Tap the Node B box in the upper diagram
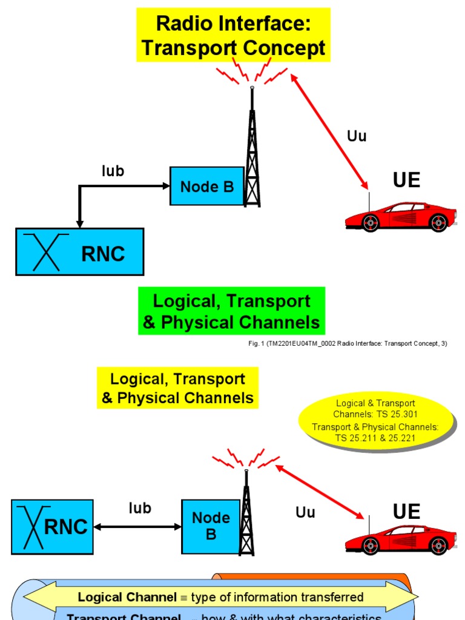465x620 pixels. pyautogui.click(x=206, y=186)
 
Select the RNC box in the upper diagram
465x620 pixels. pyautogui.click(x=79, y=252)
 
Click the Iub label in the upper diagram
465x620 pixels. pyautogui.click(x=113, y=171)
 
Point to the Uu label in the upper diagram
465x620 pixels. pyautogui.click(x=357, y=136)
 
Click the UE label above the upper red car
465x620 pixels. pyautogui.click(x=406, y=180)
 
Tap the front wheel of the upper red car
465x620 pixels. pyautogui.click(x=371, y=223)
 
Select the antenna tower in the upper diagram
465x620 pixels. pyautogui.click(x=252, y=157)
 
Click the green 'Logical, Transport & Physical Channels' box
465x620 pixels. pyautogui.click(x=231, y=311)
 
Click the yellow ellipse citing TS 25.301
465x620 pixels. pyautogui.click(x=376, y=420)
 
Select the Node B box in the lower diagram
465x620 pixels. pyautogui.click(x=211, y=526)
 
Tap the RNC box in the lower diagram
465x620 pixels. pyautogui.click(x=52, y=527)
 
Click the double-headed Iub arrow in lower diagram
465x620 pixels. pyautogui.click(x=137, y=527)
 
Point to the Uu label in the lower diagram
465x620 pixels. pyautogui.click(x=305, y=512)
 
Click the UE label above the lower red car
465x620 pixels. pyautogui.click(x=406, y=512)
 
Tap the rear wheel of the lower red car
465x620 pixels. pyautogui.click(x=438, y=546)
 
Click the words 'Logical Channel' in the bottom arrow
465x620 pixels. pyautogui.click(x=127, y=598)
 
